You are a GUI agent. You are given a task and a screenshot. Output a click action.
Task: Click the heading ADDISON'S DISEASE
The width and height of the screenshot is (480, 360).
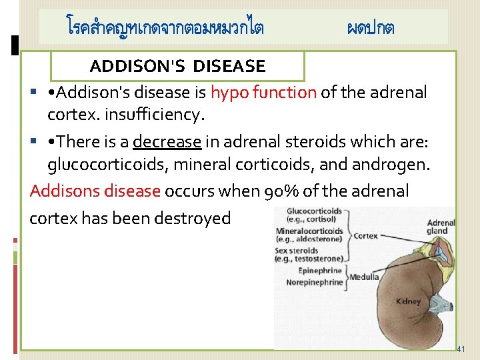point(177,66)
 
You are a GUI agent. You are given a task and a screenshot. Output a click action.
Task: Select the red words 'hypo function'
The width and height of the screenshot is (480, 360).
point(263,93)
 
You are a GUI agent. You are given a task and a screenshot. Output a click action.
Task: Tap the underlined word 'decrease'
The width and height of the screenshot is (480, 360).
point(167,142)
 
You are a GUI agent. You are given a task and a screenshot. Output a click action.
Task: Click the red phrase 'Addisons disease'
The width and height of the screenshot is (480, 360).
point(95,191)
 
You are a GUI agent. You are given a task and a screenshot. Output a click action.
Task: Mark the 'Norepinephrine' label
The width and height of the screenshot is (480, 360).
point(312,282)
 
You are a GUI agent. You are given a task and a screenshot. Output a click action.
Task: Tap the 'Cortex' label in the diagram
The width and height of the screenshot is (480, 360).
point(365,236)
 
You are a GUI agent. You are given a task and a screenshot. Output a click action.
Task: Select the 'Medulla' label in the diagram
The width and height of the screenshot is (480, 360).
point(364,277)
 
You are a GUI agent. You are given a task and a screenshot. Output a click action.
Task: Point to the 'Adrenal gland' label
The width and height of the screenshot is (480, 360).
point(441,227)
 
